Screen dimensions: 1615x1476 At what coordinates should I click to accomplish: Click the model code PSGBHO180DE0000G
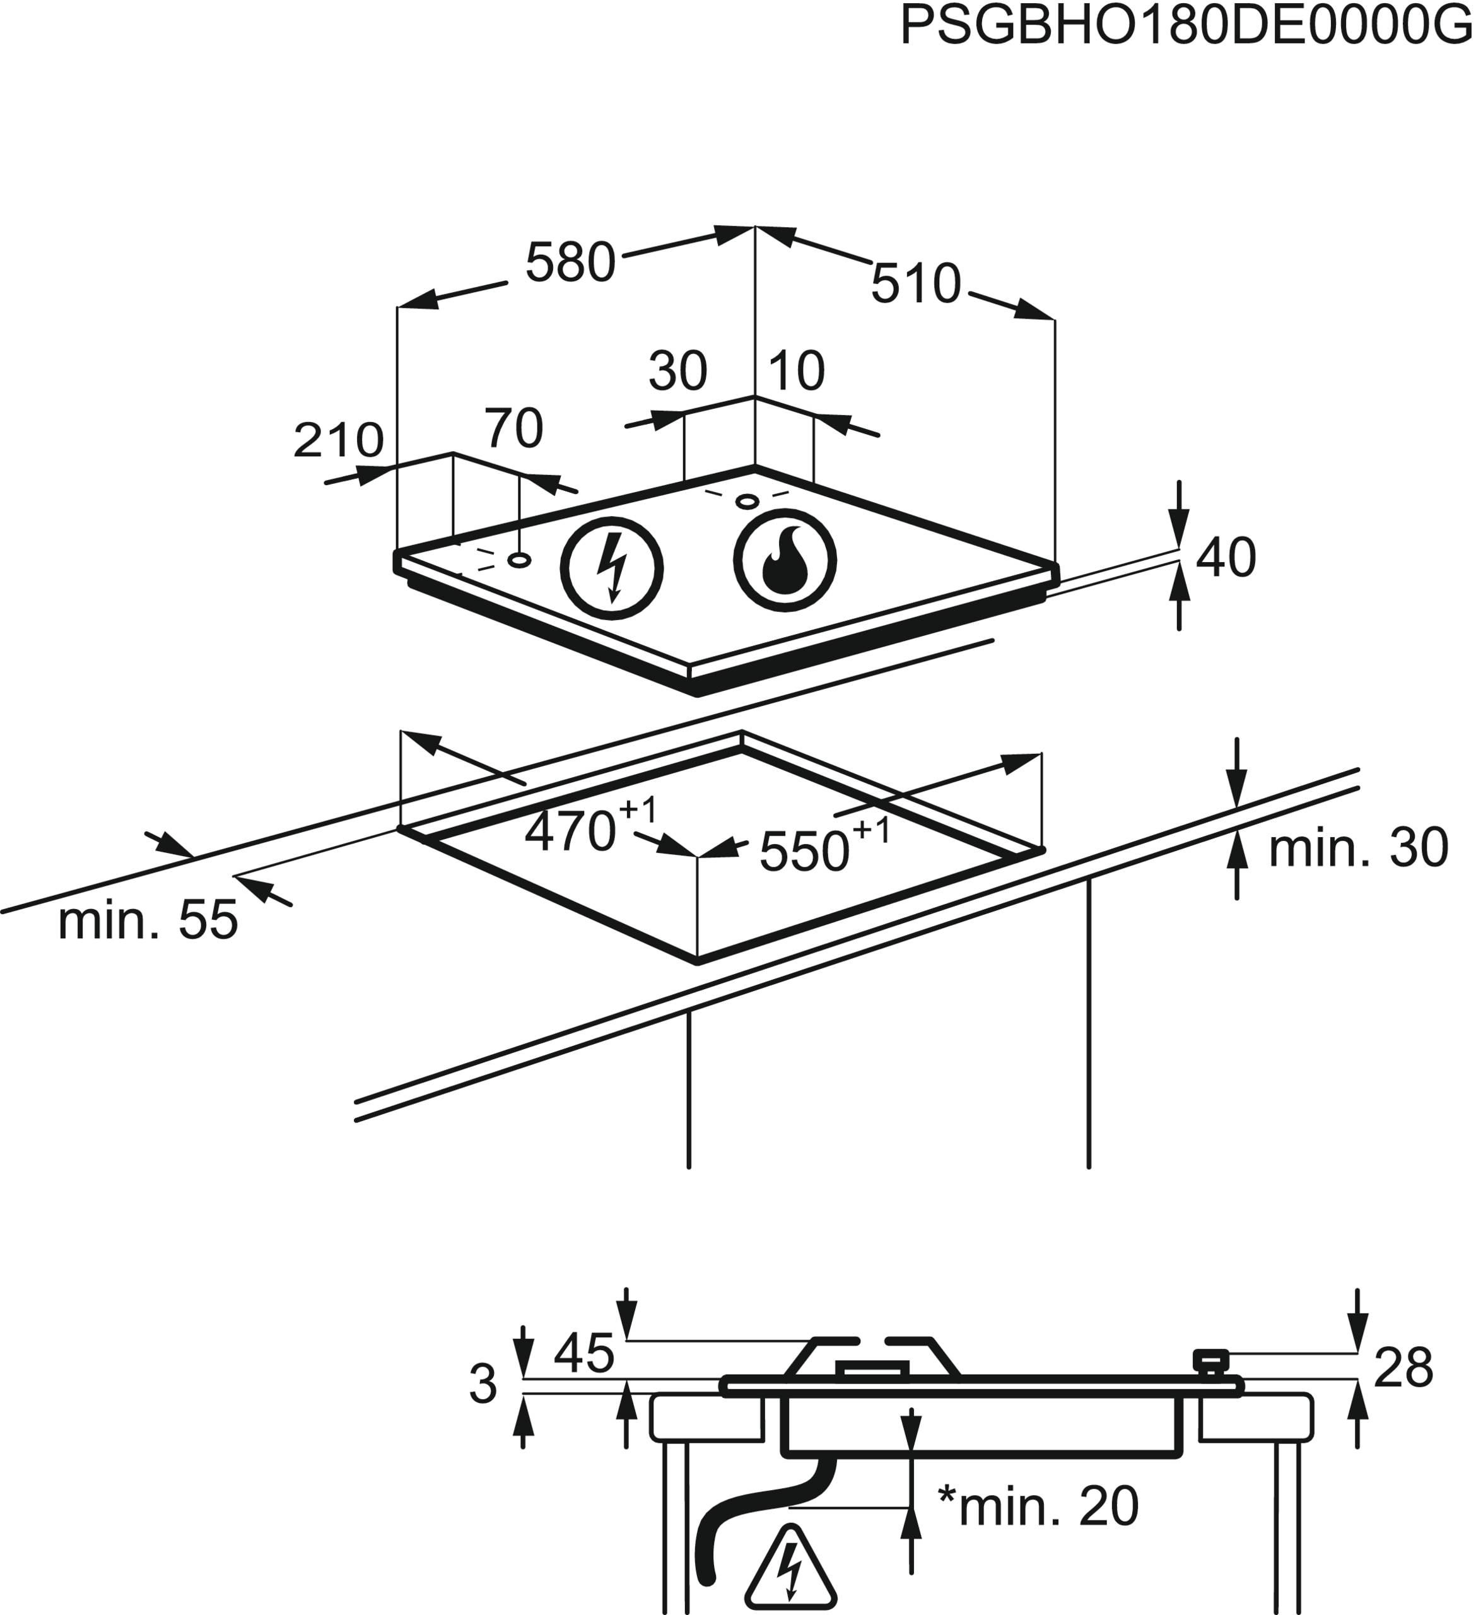1185,26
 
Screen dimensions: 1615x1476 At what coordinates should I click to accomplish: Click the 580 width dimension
570,262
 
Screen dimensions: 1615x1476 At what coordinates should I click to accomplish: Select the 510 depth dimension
915,284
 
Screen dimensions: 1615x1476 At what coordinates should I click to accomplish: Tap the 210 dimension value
338,440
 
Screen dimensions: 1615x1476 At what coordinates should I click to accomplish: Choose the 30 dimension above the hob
677,370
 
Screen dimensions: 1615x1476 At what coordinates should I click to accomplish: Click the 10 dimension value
796,370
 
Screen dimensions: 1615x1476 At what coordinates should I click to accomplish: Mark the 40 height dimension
1226,558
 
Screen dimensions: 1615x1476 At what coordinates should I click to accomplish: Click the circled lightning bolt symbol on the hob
612,568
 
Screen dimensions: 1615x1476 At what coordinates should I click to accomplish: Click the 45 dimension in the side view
584,1353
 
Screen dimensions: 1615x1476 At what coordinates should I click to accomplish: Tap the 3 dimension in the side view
483,1384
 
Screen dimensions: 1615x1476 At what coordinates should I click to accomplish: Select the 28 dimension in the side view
1403,1368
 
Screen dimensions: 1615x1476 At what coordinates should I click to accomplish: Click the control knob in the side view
1210,1361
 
